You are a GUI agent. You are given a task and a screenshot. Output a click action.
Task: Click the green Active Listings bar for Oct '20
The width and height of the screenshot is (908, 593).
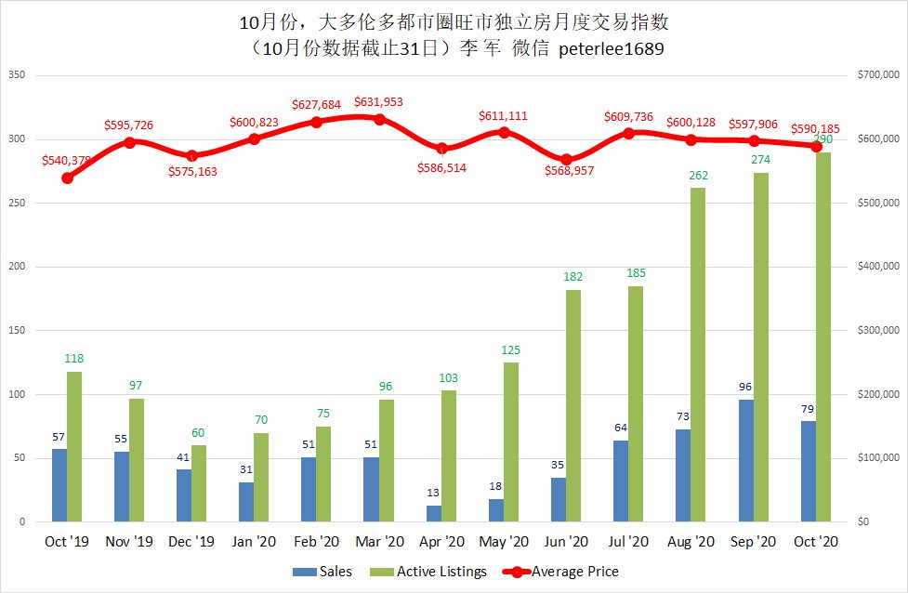[823, 336]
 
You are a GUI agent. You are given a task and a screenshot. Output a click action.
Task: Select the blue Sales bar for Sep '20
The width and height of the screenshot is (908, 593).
[746, 460]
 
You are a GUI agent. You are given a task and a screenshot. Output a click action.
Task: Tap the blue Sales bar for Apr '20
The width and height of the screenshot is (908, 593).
[434, 513]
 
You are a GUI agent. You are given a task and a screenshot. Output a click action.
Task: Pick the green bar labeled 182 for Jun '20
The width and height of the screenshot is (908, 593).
[573, 405]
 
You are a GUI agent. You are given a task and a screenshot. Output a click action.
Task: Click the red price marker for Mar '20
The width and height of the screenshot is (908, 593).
[379, 119]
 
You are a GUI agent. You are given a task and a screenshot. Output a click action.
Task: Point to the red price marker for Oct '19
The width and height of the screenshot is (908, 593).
[67, 178]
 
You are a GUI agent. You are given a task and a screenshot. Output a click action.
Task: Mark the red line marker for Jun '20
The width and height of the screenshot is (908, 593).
[566, 159]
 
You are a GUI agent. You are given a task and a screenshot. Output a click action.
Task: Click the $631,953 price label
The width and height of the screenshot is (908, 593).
[378, 102]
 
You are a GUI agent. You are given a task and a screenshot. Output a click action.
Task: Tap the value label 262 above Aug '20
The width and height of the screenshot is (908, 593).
[698, 174]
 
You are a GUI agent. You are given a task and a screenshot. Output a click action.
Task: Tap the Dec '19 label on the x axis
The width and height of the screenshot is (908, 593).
[191, 541]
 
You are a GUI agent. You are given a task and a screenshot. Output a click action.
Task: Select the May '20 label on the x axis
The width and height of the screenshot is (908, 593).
[504, 541]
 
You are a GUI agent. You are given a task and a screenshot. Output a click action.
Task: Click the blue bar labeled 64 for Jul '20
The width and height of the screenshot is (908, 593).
[621, 481]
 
